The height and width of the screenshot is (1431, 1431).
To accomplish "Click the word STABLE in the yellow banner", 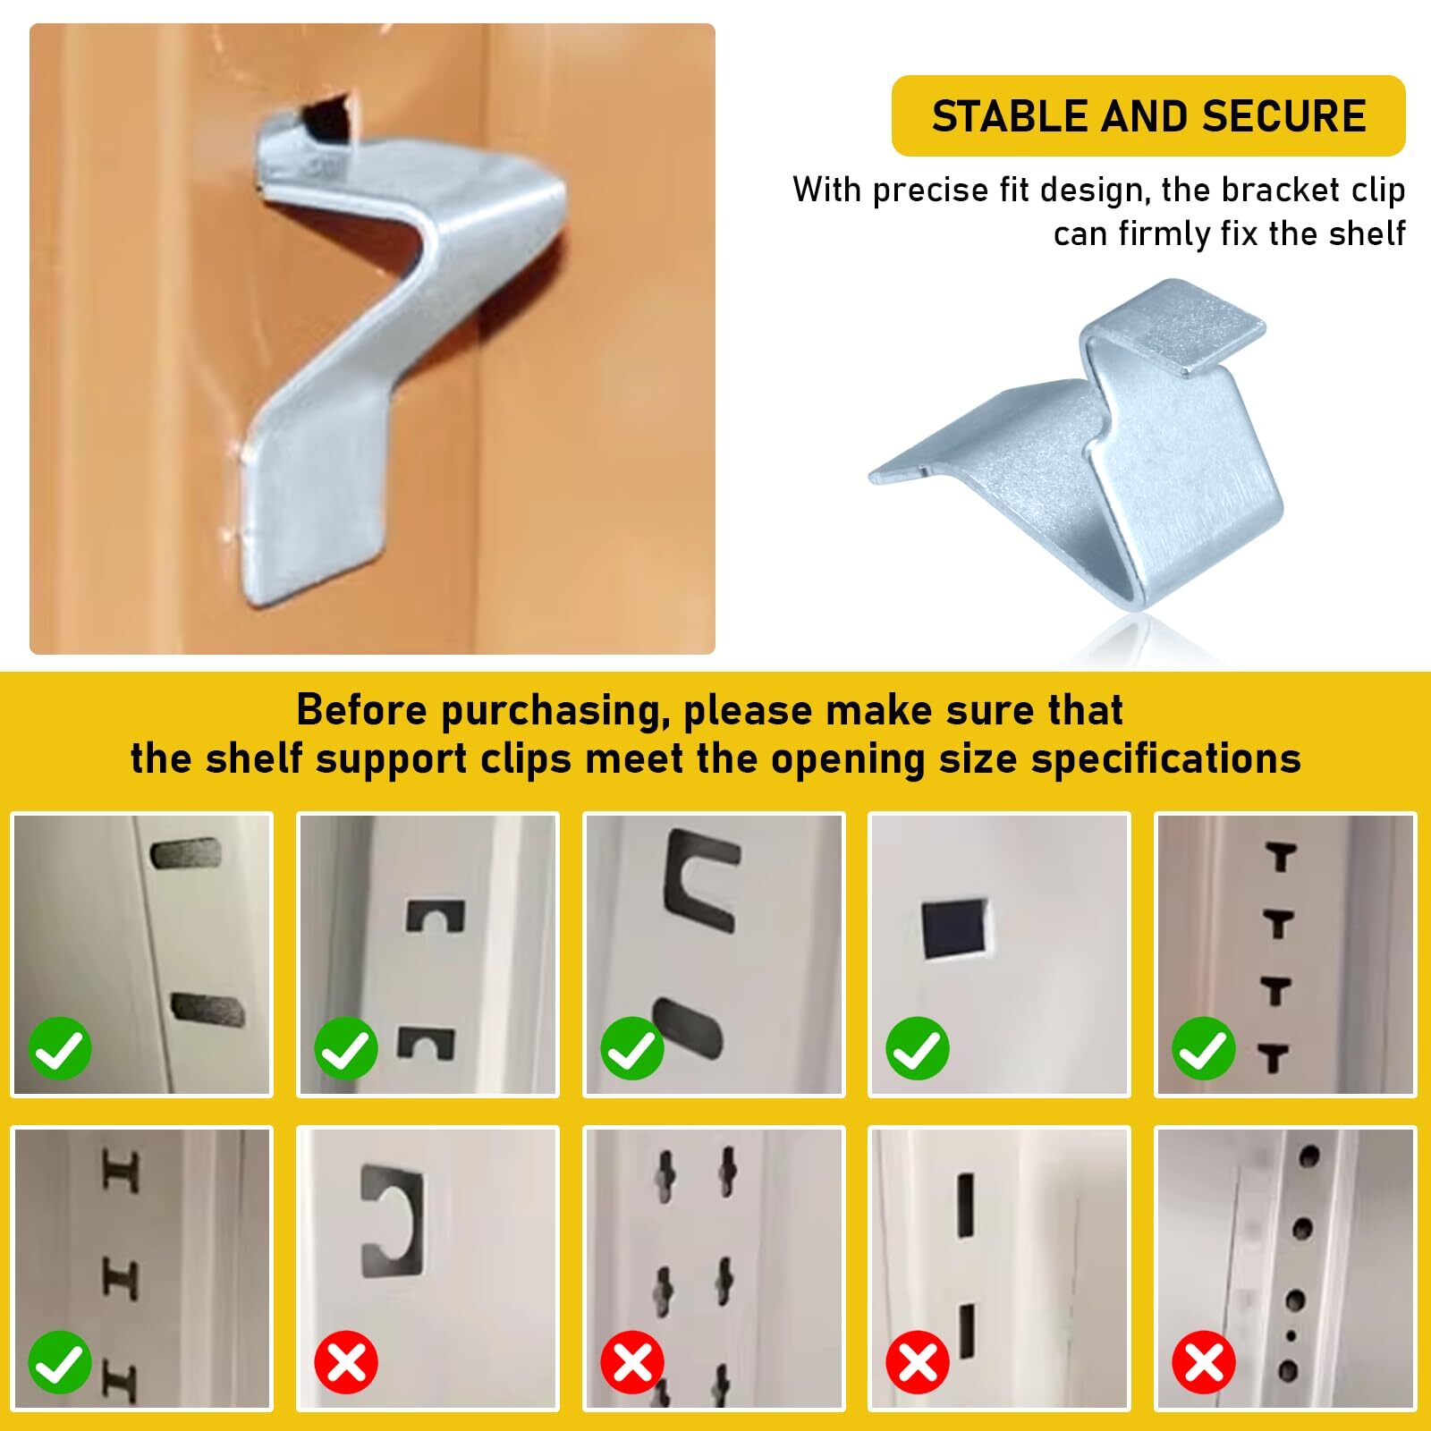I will (1009, 117).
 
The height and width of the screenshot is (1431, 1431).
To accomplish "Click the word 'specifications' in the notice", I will (1165, 759).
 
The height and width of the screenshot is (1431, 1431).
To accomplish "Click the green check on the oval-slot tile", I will (60, 1049).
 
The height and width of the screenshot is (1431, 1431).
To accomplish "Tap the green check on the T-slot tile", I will (1203, 1049).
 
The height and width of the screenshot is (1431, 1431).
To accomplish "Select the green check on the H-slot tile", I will (60, 1363).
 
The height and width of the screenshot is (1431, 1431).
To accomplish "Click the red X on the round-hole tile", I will (1203, 1363).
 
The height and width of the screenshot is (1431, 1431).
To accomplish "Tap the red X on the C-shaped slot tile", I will (346, 1363).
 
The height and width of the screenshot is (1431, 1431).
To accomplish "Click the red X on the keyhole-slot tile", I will (631, 1363).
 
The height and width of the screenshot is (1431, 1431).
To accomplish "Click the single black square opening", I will (953, 930).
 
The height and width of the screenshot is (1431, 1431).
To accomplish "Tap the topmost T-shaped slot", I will (1281, 857).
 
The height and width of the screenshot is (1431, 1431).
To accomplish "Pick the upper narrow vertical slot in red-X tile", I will (966, 1205).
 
